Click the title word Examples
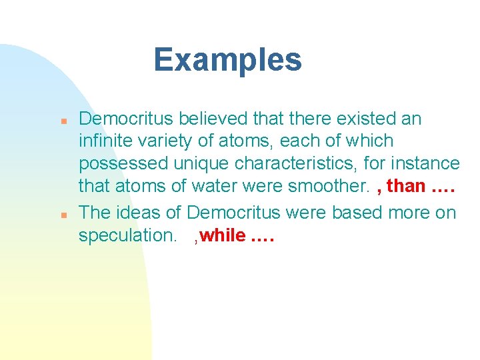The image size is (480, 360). tap(227, 60)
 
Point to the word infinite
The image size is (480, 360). tap(101, 141)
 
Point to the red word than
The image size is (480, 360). tap(406, 186)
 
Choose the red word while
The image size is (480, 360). tap(222, 236)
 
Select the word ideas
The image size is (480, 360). tap(142, 213)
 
